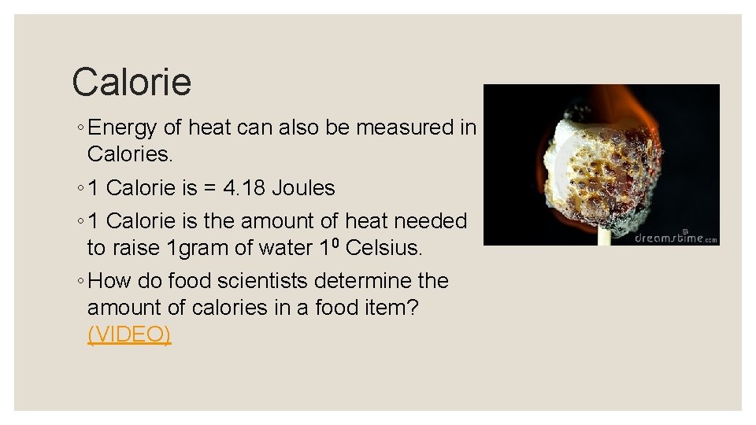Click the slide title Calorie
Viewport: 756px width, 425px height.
[x=132, y=82]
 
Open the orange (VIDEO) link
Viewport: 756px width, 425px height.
[x=129, y=334]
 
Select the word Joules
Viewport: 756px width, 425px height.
[x=303, y=188]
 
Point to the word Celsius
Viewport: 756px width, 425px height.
[x=384, y=248]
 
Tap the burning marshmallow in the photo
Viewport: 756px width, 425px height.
[x=598, y=169]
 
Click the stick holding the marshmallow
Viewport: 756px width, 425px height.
[x=604, y=235]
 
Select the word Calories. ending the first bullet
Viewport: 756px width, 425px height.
[x=129, y=154]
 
